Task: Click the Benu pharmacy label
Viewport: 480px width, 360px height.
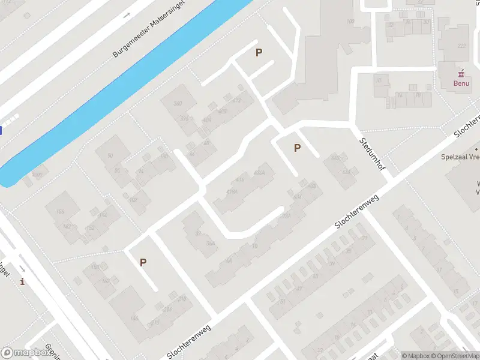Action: tap(461, 83)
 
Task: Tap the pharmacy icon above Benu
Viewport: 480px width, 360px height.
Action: tap(461, 74)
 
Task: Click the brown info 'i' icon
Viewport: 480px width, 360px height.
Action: tap(23, 281)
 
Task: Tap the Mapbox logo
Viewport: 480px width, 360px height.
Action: tap(25, 353)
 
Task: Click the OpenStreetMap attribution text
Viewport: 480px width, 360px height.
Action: tap(455, 356)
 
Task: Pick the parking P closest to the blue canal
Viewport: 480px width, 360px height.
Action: tap(259, 52)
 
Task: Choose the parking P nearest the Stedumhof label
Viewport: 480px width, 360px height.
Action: tap(296, 148)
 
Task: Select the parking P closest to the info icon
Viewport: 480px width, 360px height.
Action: tap(143, 262)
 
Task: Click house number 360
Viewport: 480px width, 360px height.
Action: tap(177, 104)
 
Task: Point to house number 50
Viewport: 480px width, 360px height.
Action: tap(110, 156)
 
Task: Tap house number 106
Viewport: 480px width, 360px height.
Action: tap(59, 212)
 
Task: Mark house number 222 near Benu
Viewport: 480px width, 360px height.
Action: tap(461, 46)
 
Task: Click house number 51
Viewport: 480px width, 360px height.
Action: tap(283, 301)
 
